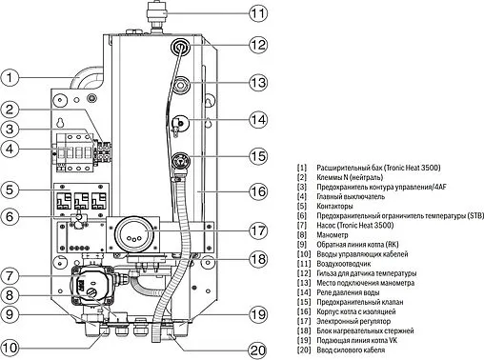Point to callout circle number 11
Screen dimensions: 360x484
[260, 13]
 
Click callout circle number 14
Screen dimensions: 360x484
[260, 119]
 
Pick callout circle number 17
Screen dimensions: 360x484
[260, 230]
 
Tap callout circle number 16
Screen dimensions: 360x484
[260, 191]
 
